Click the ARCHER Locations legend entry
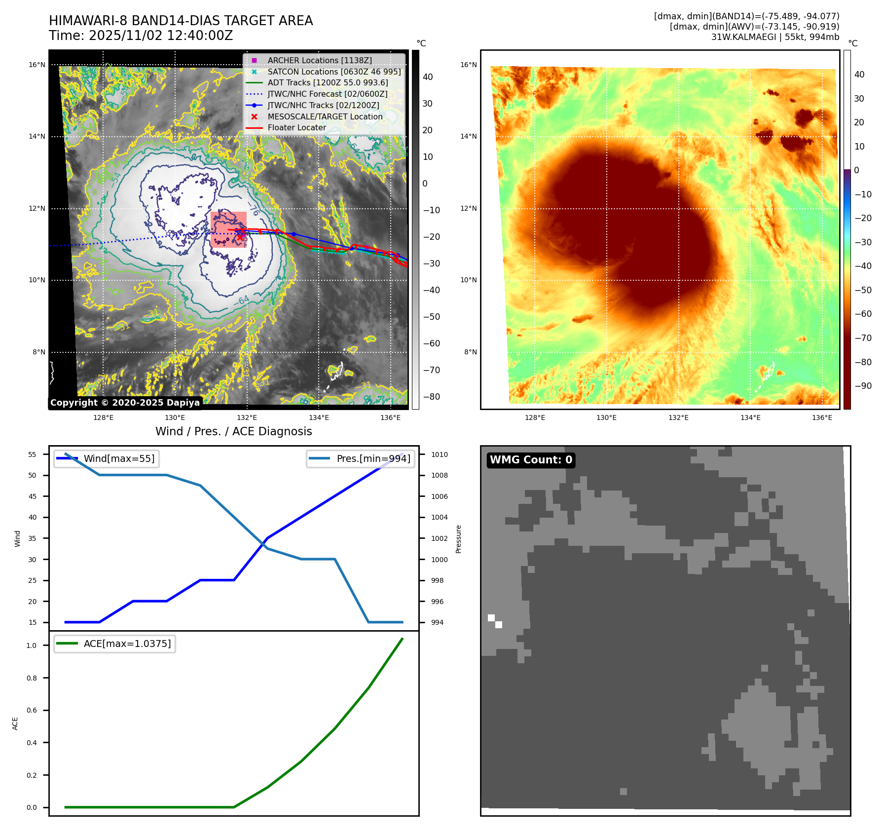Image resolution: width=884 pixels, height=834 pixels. tap(319, 60)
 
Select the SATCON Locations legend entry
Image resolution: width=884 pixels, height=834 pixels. tap(333, 72)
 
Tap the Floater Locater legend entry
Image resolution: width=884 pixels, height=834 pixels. tap(296, 127)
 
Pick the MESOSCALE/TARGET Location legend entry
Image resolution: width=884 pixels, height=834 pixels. tap(325, 116)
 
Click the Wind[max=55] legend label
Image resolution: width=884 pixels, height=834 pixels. tap(119, 458)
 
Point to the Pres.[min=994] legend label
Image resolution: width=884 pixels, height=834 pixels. tap(373, 458)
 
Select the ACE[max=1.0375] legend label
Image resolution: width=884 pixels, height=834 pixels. tap(127, 644)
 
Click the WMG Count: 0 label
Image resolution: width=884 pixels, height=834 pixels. tap(531, 460)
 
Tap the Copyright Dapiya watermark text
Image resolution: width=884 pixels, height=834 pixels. tap(125, 403)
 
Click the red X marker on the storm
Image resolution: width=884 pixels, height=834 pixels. tap(240, 237)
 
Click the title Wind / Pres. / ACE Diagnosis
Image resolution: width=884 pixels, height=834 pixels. tap(233, 431)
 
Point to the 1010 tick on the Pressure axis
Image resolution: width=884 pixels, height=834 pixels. tap(439, 455)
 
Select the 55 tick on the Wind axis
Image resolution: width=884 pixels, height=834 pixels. tap(33, 455)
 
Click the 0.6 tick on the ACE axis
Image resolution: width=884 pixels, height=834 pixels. tap(32, 710)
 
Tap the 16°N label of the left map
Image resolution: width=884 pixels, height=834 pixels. tap(37, 65)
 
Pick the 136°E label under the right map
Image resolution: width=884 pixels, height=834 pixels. tap(822, 417)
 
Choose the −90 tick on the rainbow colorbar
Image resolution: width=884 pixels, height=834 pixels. tap(863, 386)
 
